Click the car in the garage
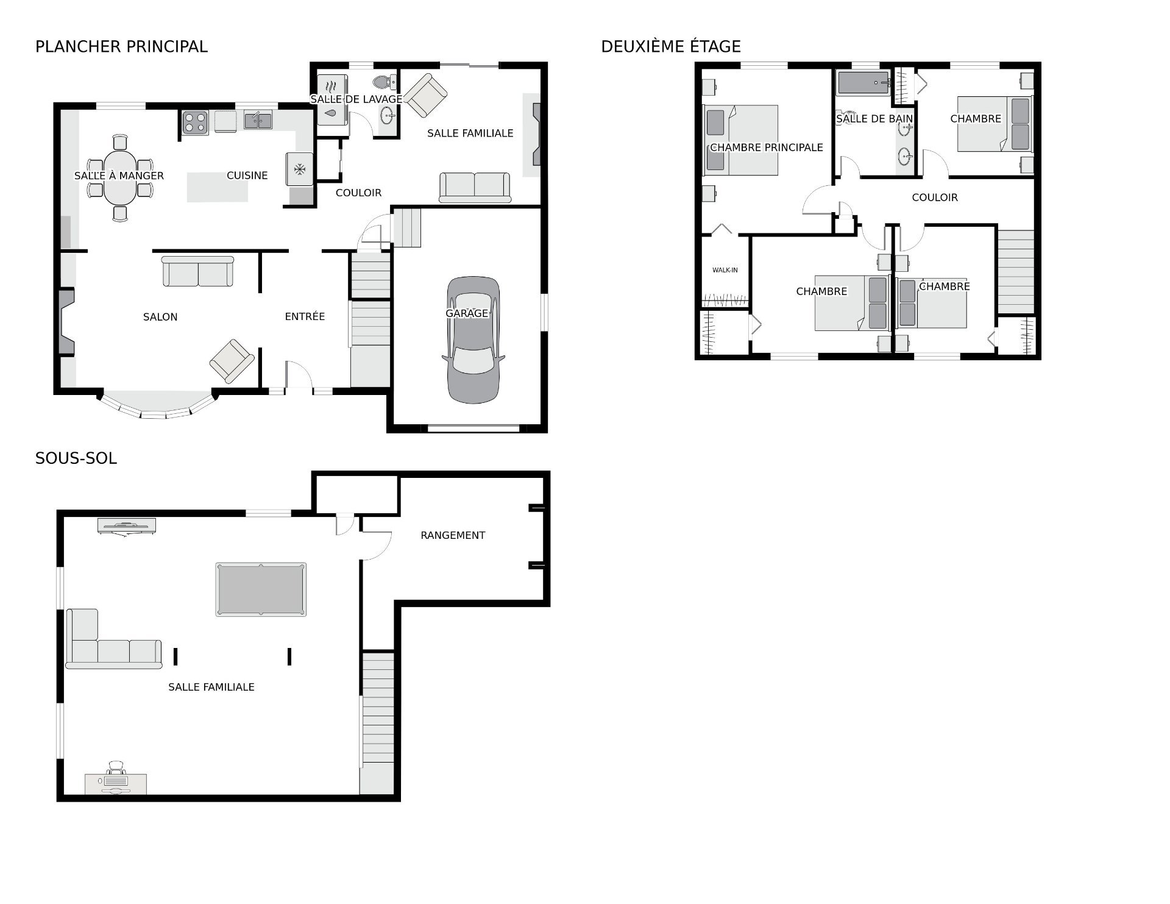point(474,340)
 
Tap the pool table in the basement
point(261,589)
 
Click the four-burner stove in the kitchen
point(196,122)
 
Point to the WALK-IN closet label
point(725,270)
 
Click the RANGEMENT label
point(453,535)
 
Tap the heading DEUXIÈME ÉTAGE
point(671,46)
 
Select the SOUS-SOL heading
point(76,458)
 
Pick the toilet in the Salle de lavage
point(384,82)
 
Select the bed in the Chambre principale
point(742,140)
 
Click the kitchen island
point(218,187)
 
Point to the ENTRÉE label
point(305,316)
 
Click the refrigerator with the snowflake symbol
point(300,169)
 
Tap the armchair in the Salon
point(232,361)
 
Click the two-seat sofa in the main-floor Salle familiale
point(475,187)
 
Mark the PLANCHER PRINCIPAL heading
point(121,46)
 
